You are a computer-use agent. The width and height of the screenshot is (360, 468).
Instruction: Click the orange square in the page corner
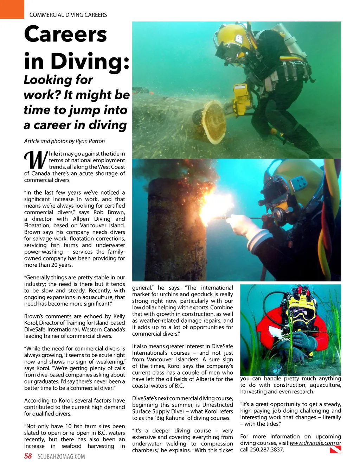12,9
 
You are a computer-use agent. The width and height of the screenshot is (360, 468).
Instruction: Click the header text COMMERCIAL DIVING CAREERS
68,15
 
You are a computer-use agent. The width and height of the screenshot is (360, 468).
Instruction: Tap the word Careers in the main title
66,34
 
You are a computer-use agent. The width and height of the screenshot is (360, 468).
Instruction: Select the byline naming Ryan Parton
64,141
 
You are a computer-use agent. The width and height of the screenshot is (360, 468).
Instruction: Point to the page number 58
28,456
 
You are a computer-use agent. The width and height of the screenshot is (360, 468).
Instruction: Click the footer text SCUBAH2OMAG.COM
61,457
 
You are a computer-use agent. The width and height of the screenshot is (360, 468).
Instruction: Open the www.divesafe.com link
312,443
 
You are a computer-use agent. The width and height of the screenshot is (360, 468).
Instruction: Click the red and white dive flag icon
335,449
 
